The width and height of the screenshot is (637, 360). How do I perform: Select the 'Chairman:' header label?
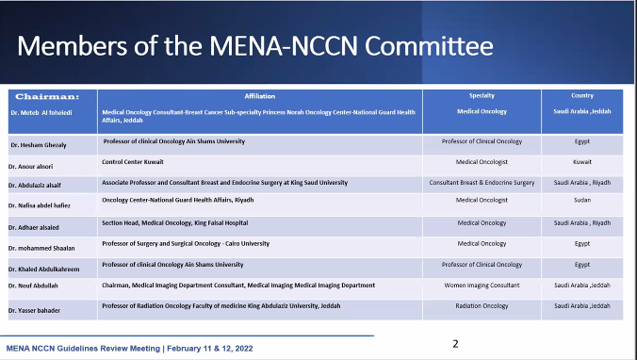37,96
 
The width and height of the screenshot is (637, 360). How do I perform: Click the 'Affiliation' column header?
259,96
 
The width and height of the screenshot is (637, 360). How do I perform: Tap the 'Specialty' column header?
482,95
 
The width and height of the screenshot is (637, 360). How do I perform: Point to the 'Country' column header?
581,95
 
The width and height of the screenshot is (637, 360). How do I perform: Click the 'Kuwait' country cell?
581,162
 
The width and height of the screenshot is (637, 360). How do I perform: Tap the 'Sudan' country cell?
581,202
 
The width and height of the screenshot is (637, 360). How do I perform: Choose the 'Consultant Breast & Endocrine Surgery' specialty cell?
482,182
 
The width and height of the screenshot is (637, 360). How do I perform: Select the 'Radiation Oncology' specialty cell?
482,306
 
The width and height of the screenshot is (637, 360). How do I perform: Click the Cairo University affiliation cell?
186,243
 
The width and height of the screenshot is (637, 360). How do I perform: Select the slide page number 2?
455,344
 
